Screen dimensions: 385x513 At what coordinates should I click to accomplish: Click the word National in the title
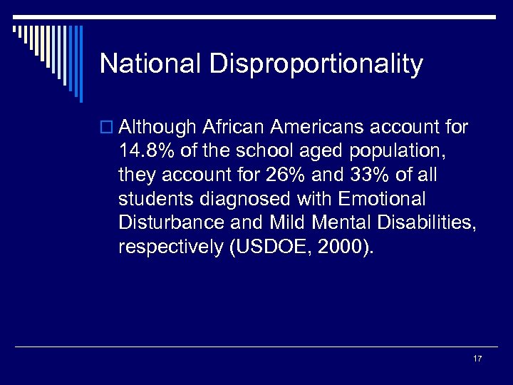[150, 64]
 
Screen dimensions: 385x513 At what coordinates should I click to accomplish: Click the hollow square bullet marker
[108, 128]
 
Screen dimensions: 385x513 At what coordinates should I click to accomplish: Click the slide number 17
[477, 359]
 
